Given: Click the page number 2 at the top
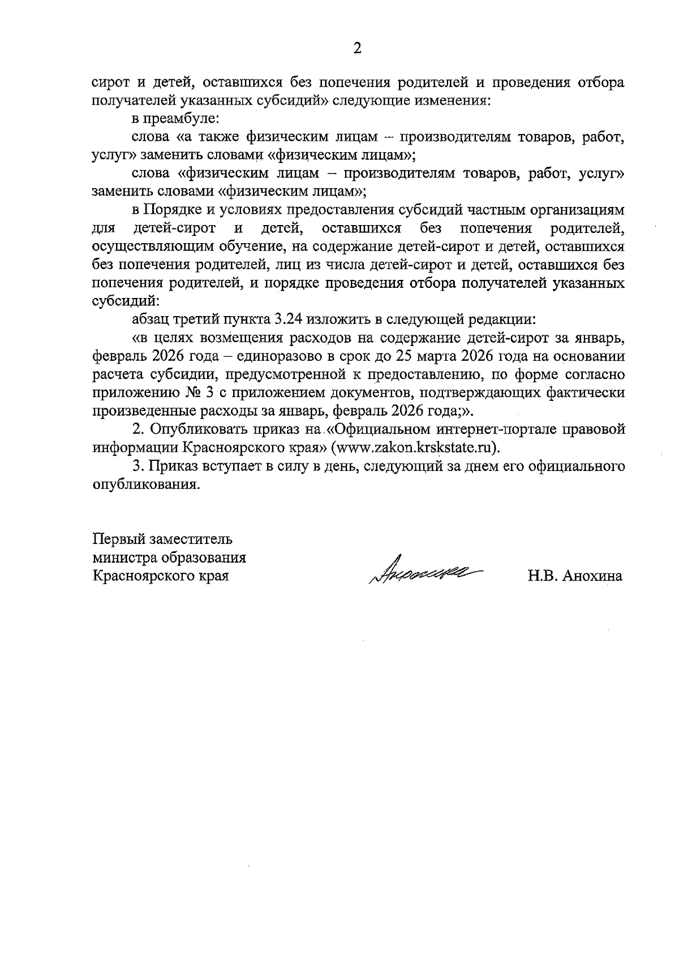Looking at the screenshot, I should tap(357, 49).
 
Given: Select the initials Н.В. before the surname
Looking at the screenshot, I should tap(542, 576).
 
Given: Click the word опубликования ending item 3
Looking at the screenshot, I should tap(145, 485).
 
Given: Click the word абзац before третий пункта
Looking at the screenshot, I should tap(151, 319).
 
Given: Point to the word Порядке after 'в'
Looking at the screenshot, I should tap(171, 210).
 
